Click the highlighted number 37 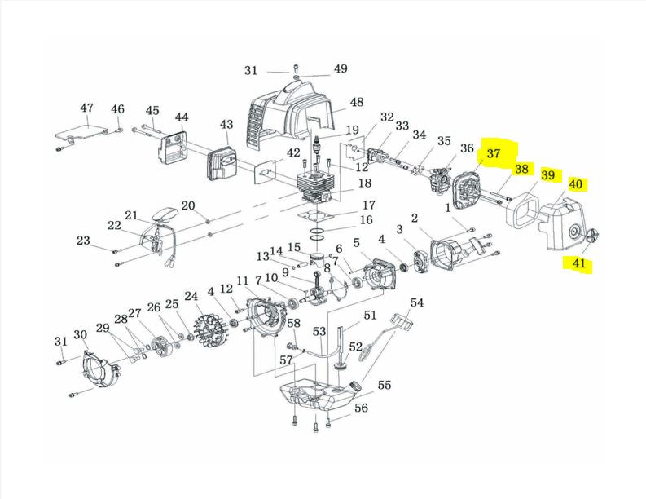(494, 153)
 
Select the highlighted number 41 (578, 263)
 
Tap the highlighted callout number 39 (547, 175)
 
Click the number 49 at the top (340, 68)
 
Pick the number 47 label (87, 108)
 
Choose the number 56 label (361, 408)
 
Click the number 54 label (417, 303)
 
